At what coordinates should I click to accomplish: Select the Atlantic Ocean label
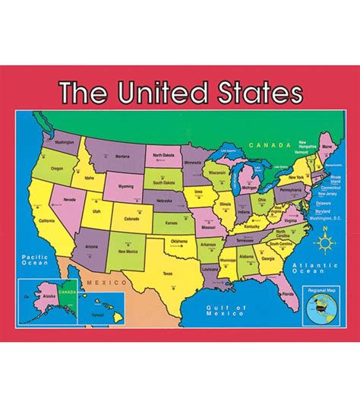(310, 265)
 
